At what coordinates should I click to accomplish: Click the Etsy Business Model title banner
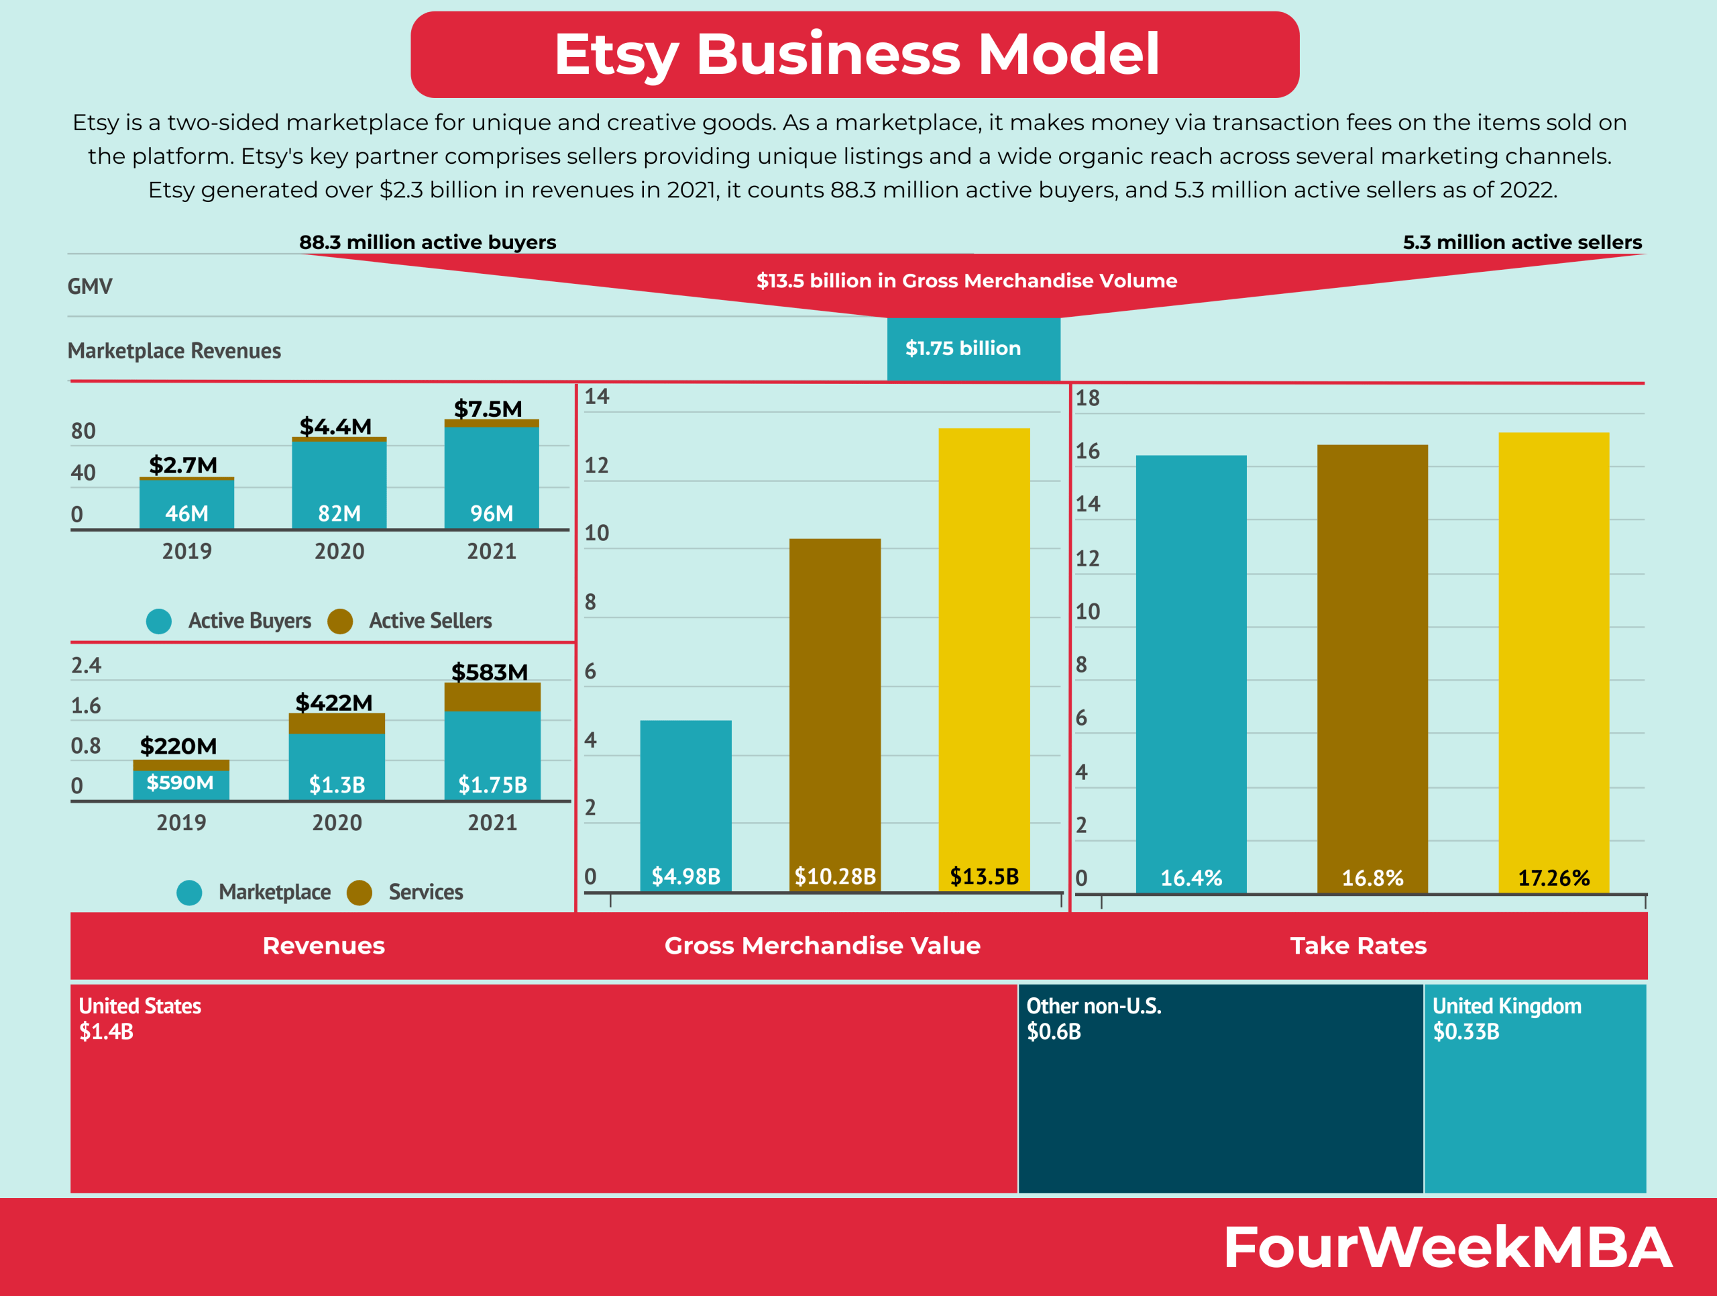[x=854, y=54]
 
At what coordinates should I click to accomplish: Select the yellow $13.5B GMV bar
[x=983, y=652]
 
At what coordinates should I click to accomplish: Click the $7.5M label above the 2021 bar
[x=488, y=409]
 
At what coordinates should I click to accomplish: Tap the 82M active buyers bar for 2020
[x=339, y=485]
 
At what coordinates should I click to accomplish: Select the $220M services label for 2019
[x=178, y=746]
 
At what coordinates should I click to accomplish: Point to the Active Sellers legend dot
[x=340, y=621]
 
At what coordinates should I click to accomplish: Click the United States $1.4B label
[x=140, y=1018]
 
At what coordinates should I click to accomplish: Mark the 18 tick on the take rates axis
[x=1087, y=399]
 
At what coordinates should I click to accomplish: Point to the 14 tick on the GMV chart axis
[x=596, y=397]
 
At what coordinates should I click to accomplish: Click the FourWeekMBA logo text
[x=1447, y=1248]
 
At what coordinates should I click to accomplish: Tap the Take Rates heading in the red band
[x=1358, y=946]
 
